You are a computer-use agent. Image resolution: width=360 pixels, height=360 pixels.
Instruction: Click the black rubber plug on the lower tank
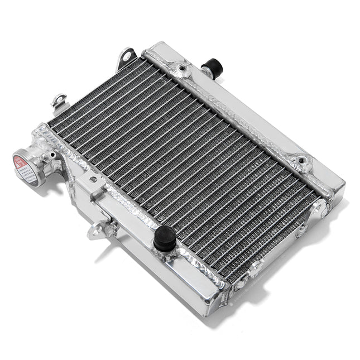pos(165,238)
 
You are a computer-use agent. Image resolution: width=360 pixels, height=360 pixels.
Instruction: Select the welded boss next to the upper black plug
pos(183,69)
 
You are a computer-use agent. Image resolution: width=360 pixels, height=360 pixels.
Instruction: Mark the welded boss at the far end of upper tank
pos(303,162)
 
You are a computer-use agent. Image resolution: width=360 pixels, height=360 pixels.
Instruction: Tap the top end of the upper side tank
pos(159,47)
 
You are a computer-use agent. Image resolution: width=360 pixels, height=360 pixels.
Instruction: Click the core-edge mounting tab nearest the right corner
pos(319,208)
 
